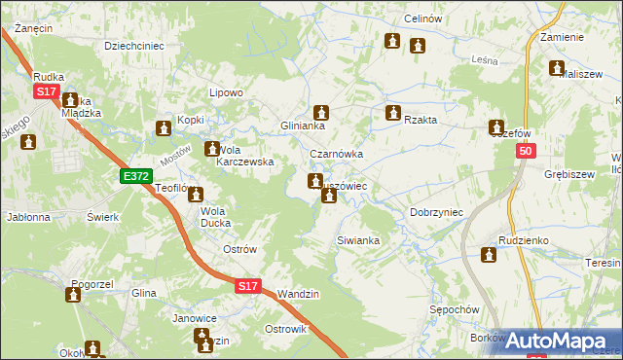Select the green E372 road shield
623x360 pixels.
135,176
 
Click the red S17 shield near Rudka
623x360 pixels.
47,90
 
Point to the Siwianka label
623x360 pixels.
356,239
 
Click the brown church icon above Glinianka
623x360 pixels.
321,113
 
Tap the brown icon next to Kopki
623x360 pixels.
164,128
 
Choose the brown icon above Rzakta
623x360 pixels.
393,113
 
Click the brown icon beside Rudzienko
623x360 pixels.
489,255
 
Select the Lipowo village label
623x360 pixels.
226,93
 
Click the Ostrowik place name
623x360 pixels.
285,329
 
